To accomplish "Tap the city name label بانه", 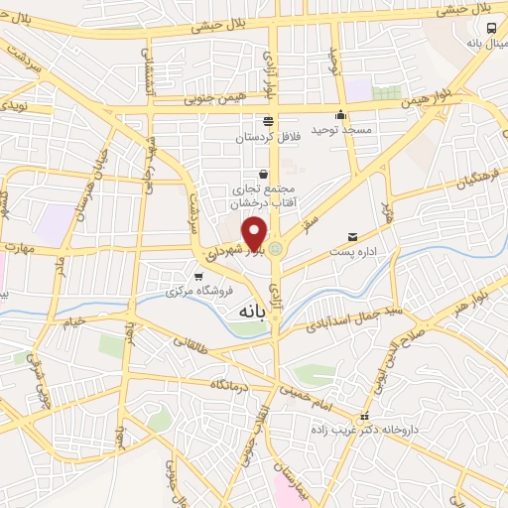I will [x=254, y=312].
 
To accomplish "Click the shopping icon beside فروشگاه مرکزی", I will [x=199, y=276].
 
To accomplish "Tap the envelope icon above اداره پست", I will [x=353, y=236].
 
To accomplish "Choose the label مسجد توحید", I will [x=341, y=130].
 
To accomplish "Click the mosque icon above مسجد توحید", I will [x=341, y=114].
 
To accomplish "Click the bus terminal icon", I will [x=493, y=29].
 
